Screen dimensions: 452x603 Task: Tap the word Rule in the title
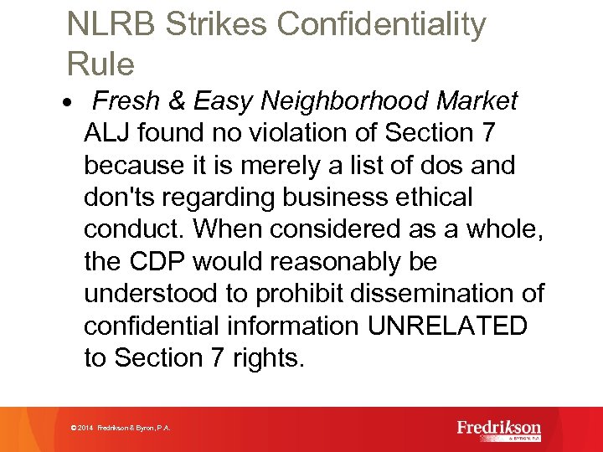point(100,64)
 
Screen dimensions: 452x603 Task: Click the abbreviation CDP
point(160,262)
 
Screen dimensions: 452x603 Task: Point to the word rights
point(267,358)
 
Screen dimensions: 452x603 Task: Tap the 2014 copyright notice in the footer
point(121,429)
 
